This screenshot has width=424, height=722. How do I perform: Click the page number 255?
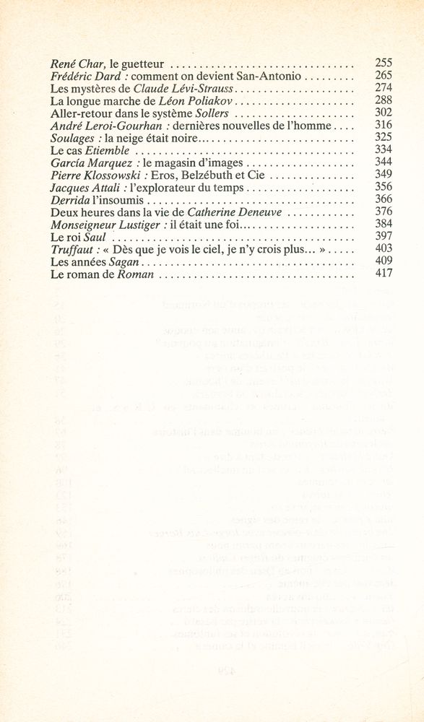[384, 63]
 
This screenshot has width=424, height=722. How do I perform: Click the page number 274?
[384, 87]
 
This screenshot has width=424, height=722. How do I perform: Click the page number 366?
[384, 200]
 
